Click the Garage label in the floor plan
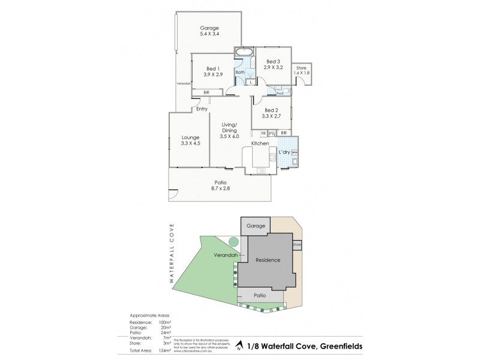(x=209, y=28)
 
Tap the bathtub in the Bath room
(x=245, y=53)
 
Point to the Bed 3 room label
(x=272, y=61)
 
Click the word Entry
(x=202, y=109)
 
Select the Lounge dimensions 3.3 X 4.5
(x=190, y=144)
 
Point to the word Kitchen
(x=259, y=144)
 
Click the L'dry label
(x=284, y=153)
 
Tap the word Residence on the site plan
(x=268, y=260)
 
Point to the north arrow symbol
(x=239, y=346)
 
